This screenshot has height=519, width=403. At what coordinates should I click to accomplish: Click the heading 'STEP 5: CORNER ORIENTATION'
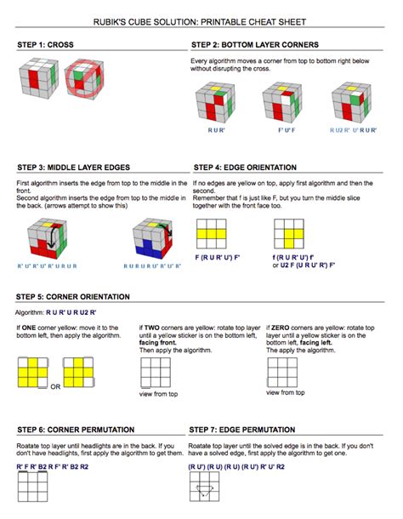[x=73, y=296]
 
